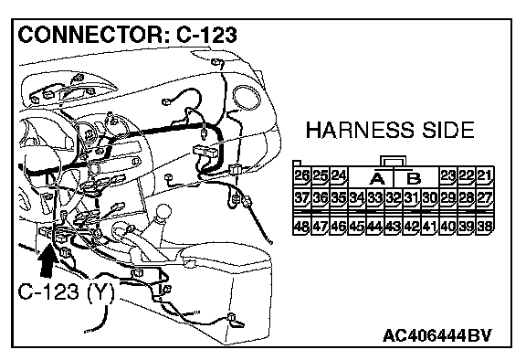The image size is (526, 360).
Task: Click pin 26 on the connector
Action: click(301, 176)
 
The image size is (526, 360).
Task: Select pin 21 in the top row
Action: click(484, 176)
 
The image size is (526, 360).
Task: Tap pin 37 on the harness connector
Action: click(301, 197)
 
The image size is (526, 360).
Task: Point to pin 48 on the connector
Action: click(301, 226)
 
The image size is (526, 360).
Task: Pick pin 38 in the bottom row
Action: click(484, 226)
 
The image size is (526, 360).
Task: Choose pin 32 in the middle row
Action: click(394, 197)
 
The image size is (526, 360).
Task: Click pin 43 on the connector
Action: click(394, 226)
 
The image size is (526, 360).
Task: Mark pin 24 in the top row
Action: click(339, 176)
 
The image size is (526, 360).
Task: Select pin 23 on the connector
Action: click(447, 176)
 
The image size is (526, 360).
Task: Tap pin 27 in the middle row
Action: click(484, 197)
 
